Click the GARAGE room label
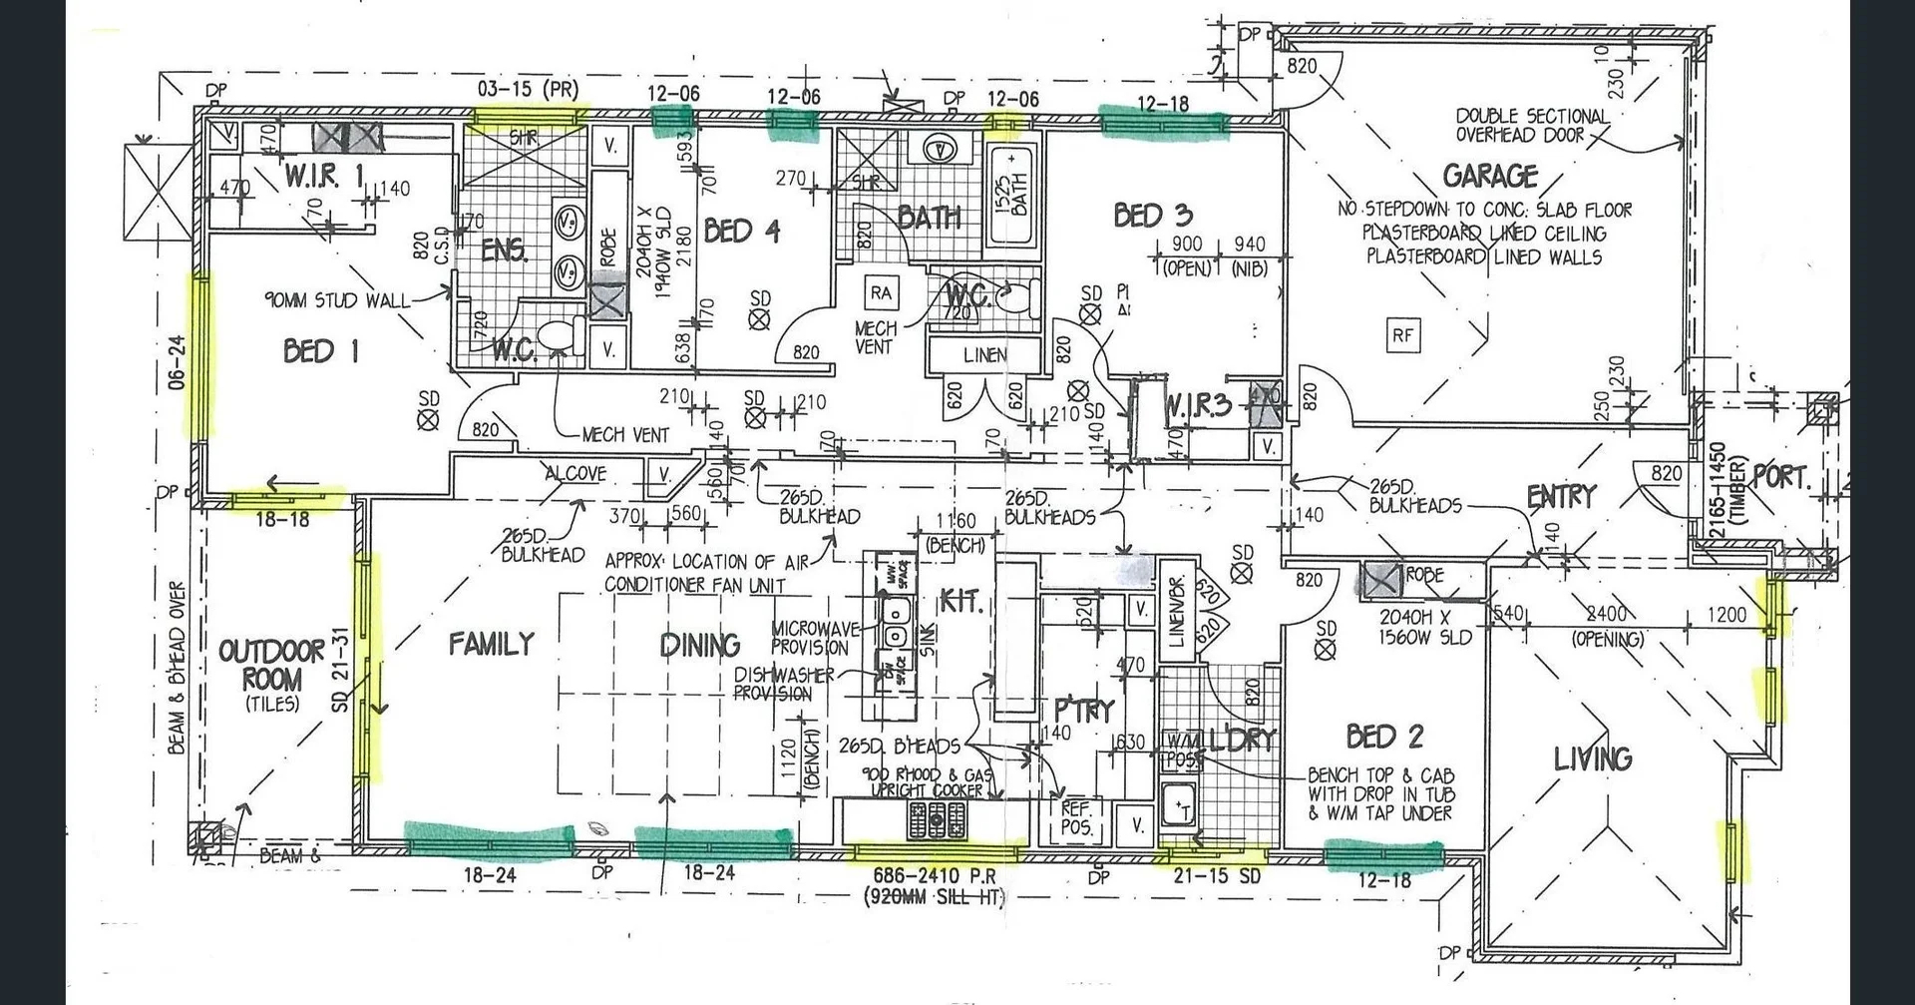click(x=1490, y=177)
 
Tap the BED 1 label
click(x=321, y=351)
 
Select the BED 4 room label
click(x=741, y=232)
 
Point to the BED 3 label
click(x=1152, y=216)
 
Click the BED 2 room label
click(x=1384, y=737)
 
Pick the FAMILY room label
click(x=491, y=644)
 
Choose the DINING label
click(x=700, y=646)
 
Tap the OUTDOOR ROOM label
click(x=271, y=667)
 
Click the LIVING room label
click(x=1593, y=758)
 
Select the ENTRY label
click(x=1561, y=496)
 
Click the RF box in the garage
click(x=1402, y=335)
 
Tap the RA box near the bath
click(x=881, y=293)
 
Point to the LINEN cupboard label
click(x=984, y=354)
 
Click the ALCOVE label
click(x=575, y=473)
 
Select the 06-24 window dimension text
click(x=177, y=362)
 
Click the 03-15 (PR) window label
click(x=528, y=89)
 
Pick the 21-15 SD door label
click(x=1217, y=876)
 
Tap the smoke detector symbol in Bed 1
click(x=428, y=419)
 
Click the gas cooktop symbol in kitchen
click(x=937, y=821)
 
